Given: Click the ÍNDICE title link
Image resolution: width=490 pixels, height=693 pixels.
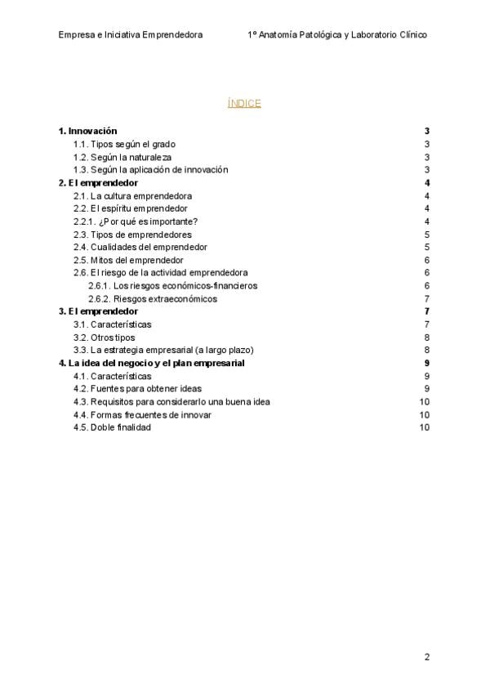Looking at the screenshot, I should tap(244, 103).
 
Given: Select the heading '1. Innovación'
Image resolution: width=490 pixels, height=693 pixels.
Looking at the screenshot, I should tap(87, 131).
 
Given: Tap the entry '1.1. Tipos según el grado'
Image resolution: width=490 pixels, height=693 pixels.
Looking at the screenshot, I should tap(124, 144).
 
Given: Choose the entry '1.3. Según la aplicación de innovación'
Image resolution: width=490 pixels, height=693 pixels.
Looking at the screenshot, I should tap(150, 170).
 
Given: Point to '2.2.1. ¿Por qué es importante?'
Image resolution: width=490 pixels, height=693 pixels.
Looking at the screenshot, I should tap(136, 221).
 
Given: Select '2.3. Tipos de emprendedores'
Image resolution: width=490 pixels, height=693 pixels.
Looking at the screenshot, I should tap(132, 235).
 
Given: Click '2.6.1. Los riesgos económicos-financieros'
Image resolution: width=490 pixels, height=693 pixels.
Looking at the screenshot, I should tap(172, 285).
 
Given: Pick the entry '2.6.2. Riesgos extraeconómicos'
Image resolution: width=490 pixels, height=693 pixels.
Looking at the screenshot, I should tap(153, 298).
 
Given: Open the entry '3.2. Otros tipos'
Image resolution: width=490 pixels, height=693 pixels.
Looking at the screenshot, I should tap(104, 337).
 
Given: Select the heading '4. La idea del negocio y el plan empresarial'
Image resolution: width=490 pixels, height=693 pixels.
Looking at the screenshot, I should tap(152, 363).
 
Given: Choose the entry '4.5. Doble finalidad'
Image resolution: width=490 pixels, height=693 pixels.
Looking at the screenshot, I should tap(112, 427).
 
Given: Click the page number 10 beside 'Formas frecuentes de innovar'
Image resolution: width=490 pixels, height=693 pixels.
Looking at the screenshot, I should tap(424, 414).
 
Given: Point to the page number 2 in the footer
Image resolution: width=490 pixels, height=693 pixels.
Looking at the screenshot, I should tap(426, 657).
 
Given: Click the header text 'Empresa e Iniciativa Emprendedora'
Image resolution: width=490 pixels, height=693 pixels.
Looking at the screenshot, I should tap(131, 34).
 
